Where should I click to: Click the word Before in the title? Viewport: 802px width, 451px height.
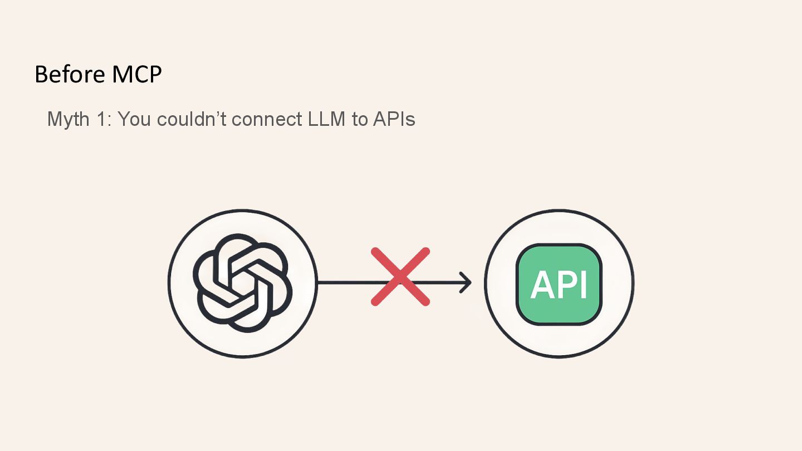click(69, 75)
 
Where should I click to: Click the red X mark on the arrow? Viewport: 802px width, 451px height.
click(400, 277)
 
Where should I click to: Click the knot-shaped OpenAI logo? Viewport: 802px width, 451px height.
click(242, 283)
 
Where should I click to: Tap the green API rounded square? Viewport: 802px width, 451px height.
click(559, 284)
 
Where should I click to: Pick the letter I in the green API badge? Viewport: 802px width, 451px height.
click(583, 285)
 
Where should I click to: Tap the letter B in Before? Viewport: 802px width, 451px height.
click(41, 75)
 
